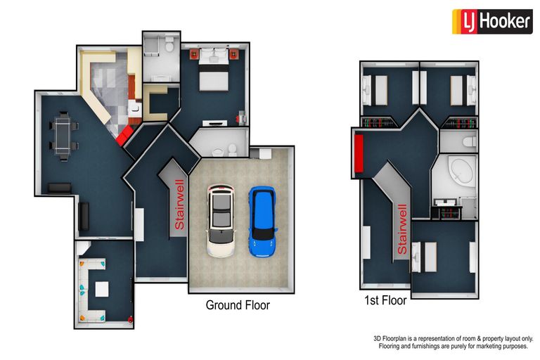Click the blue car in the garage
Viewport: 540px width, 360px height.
[262, 221]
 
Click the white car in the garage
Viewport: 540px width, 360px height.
[221, 221]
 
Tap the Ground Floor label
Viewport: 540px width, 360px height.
[238, 305]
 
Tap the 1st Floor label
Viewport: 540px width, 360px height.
[385, 300]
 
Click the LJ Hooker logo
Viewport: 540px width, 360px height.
[492, 21]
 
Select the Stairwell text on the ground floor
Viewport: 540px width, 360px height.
[180, 205]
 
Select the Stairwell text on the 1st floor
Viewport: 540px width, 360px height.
[402, 229]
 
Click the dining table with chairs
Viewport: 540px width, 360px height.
[64, 136]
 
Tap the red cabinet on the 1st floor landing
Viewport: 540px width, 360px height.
[359, 153]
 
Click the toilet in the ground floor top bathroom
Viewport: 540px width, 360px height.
[169, 44]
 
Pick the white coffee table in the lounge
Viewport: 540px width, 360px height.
[102, 290]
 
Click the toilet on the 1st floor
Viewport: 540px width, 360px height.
[470, 141]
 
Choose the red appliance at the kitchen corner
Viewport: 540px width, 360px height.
[124, 136]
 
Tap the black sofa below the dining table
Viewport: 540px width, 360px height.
[60, 188]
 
